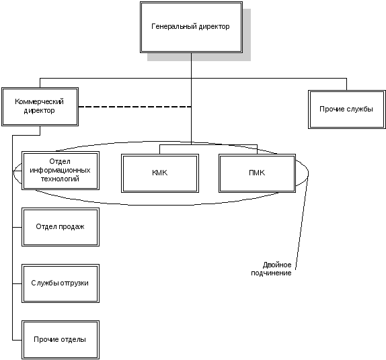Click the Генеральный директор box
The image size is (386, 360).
(191, 28)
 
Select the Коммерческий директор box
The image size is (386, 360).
(40, 107)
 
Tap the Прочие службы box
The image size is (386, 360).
(346, 109)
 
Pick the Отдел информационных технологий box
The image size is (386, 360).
(61, 171)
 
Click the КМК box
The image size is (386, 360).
(160, 173)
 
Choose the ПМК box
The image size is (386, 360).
(258, 173)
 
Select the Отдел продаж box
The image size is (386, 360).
(61, 227)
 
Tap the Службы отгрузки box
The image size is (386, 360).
(61, 283)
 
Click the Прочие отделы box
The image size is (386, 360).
(61, 340)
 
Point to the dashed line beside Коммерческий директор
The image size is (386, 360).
(135, 107)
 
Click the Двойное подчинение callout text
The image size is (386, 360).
(271, 269)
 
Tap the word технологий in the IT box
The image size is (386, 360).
(60, 179)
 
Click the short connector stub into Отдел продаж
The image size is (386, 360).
(17, 227)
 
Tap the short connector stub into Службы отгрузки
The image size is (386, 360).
(17, 283)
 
